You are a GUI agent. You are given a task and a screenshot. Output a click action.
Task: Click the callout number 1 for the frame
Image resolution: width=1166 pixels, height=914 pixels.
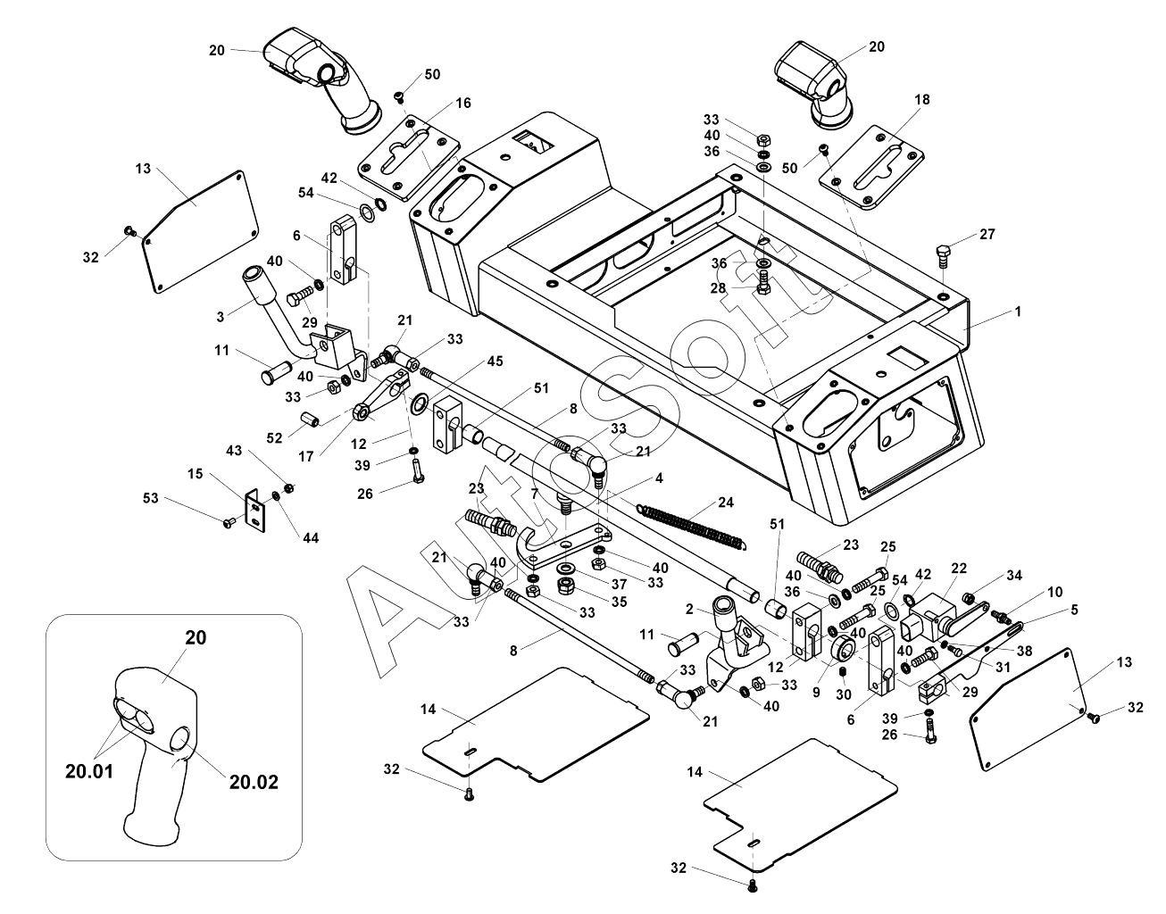tap(1018, 312)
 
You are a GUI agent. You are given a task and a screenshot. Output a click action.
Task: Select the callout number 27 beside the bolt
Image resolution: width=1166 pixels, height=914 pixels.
tap(986, 235)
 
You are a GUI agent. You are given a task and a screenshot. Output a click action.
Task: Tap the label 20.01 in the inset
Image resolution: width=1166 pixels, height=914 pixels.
tap(89, 770)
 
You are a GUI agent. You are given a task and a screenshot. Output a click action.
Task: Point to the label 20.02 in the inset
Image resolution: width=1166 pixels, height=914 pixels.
tap(254, 783)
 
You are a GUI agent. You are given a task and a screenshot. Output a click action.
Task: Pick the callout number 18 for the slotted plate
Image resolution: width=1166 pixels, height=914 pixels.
tap(922, 100)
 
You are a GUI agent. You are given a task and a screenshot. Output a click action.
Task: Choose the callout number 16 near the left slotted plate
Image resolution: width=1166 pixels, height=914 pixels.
tap(462, 104)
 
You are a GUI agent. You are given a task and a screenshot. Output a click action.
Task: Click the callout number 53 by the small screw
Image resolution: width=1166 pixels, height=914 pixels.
tap(150, 498)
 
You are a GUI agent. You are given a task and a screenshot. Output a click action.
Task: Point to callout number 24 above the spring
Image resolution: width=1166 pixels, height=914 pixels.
tap(725, 503)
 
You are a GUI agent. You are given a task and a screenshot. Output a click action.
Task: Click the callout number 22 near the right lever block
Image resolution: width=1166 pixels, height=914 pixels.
tap(959, 569)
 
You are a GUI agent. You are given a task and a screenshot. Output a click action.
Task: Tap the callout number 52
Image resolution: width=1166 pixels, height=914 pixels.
tap(274, 437)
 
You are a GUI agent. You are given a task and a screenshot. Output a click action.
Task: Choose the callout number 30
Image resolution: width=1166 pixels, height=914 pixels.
tap(842, 696)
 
